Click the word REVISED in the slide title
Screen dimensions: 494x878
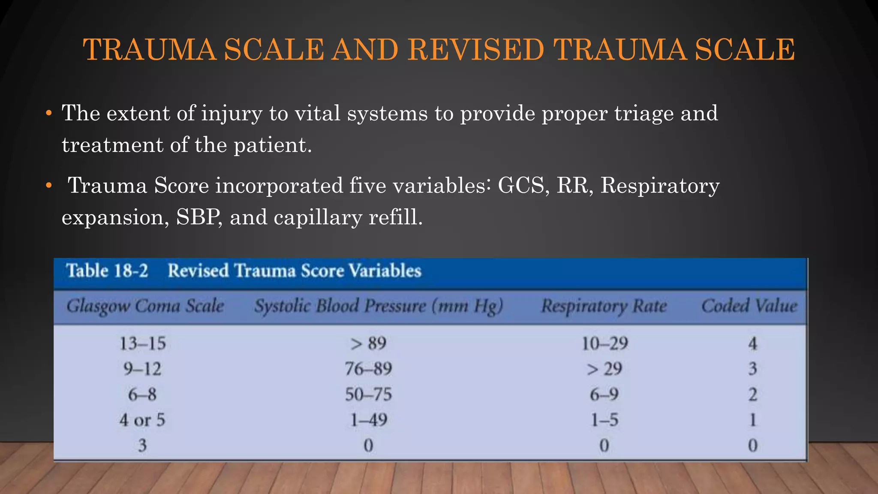point(475,50)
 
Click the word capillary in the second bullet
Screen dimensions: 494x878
point(318,217)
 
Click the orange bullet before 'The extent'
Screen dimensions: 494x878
point(49,114)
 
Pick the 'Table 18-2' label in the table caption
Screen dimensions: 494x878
point(107,271)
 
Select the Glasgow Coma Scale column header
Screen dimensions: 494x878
point(145,306)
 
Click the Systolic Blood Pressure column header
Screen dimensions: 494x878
point(378,306)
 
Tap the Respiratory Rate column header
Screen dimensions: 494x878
point(604,306)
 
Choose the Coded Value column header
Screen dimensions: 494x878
point(749,306)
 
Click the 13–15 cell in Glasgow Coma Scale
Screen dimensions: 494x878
point(142,343)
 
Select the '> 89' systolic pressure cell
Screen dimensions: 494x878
point(368,343)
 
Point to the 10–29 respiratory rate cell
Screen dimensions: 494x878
point(604,343)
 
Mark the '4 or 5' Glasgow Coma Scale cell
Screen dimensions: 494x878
point(142,420)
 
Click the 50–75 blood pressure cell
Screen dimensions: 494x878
point(368,395)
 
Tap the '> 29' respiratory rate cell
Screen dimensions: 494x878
point(604,369)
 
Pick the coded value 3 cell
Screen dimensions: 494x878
point(753,369)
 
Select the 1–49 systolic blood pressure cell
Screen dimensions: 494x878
point(368,420)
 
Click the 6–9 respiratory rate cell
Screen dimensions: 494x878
point(604,395)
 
